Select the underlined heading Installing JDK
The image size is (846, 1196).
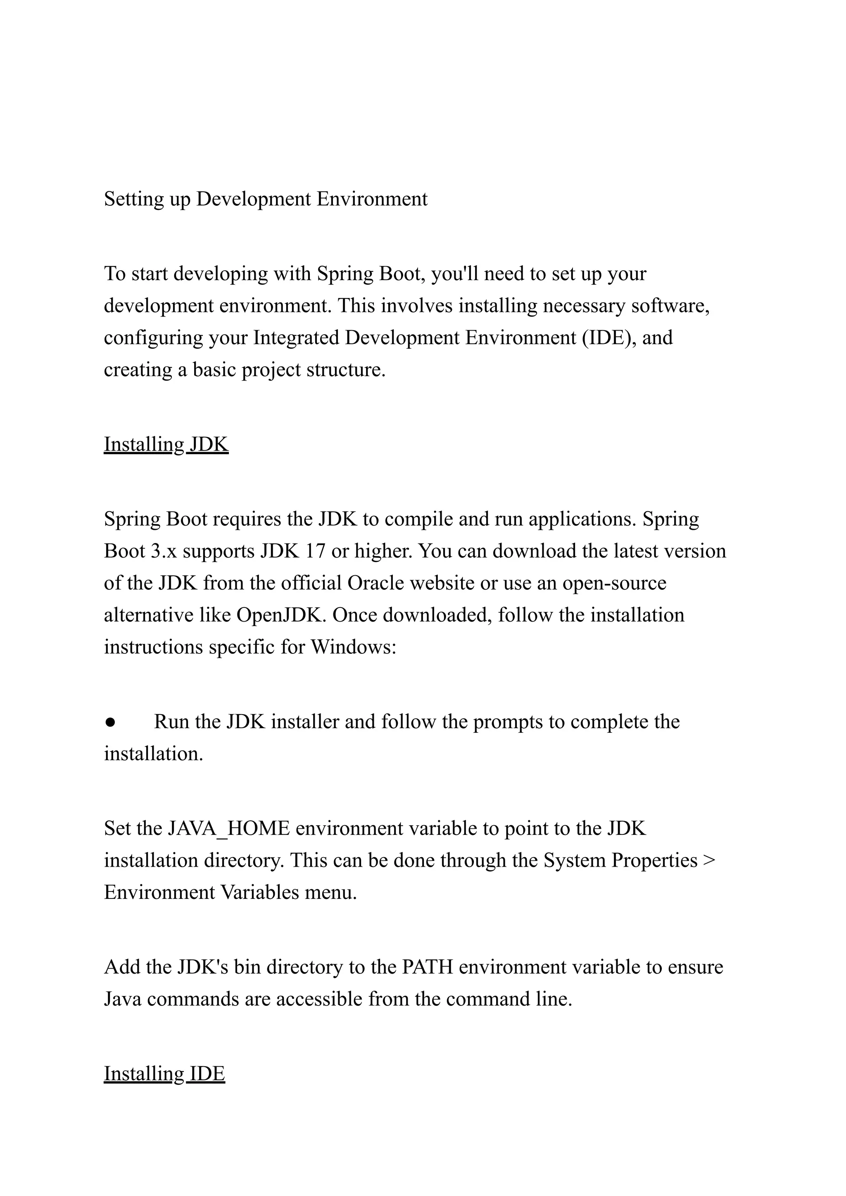click(x=166, y=445)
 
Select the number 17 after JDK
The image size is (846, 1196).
click(x=315, y=551)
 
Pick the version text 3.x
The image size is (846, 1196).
click(x=164, y=551)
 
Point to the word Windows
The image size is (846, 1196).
click(x=353, y=647)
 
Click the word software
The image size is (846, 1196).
click(x=670, y=305)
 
